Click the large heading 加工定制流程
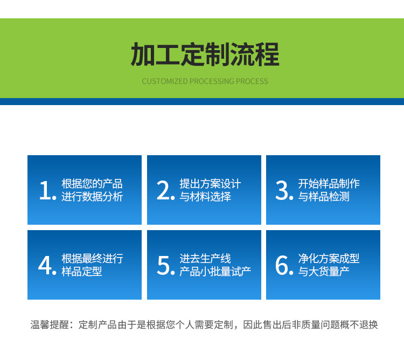205,54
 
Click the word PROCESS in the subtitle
252,81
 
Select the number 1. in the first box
47,190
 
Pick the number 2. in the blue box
166,190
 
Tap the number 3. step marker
284,190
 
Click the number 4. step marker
47,265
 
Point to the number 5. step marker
166,265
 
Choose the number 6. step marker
284,265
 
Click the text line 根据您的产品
92,184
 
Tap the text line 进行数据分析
92,197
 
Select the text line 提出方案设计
210,184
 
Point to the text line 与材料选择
205,197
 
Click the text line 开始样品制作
329,184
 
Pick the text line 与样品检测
324,197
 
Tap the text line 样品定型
82,272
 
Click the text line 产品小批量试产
215,272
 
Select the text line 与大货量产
324,272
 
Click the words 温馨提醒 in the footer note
50,324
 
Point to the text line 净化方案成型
329,259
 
